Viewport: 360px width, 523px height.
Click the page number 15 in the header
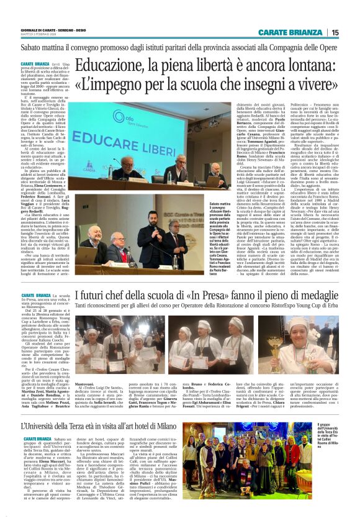(x=336, y=33)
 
